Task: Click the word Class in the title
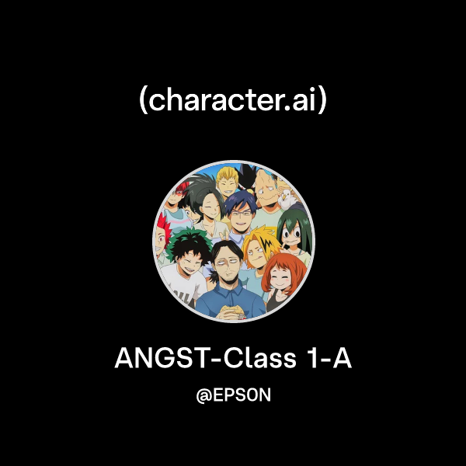coord(257,359)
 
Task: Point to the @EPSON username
coord(233,395)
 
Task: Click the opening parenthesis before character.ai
coord(142,103)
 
